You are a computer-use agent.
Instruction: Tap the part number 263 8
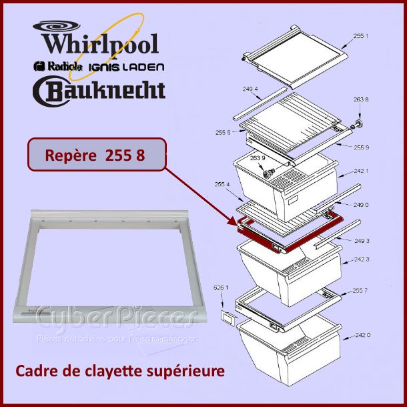point(360,99)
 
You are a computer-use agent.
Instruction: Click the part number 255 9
point(361,147)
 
